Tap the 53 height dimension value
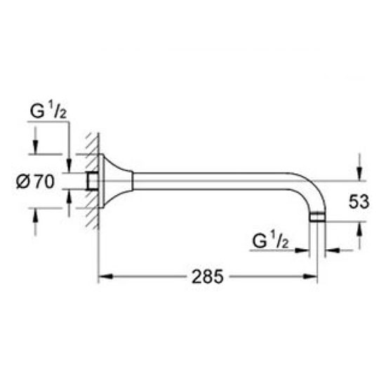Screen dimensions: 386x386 (x=359, y=202)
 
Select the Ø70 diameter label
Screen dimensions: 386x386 (x=35, y=182)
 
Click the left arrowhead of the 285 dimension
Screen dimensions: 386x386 (x=101, y=277)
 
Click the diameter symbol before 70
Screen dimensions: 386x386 (x=23, y=182)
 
